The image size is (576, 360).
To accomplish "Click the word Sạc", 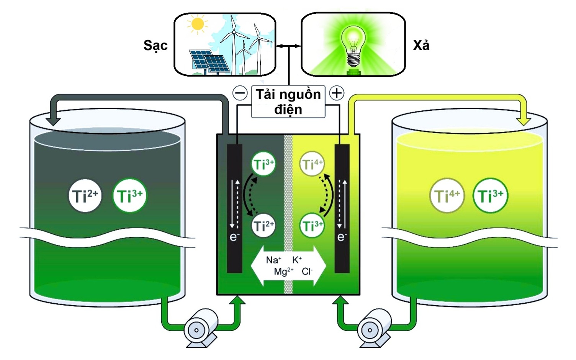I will coord(155,46).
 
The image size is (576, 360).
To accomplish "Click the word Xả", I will coord(421,46).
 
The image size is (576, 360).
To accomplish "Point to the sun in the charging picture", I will coord(197,24).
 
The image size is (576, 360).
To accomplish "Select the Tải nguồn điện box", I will coord(288,101).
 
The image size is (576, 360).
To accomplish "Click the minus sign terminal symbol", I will coord(240,93).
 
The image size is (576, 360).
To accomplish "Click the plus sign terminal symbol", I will coord(337,93).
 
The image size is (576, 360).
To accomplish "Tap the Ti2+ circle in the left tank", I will coord(85,196).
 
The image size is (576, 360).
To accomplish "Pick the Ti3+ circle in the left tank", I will coord(129,196).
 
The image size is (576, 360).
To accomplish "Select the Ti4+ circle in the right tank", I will coord(447,196).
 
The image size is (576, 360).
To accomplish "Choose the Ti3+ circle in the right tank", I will coord(490,196).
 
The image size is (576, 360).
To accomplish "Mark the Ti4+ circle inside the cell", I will coord(312,164).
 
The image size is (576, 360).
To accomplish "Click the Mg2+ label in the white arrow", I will coord(283,272).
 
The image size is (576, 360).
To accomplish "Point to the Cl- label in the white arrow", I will coord(307,272).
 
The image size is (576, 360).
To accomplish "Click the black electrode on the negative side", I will coord(234,209).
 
